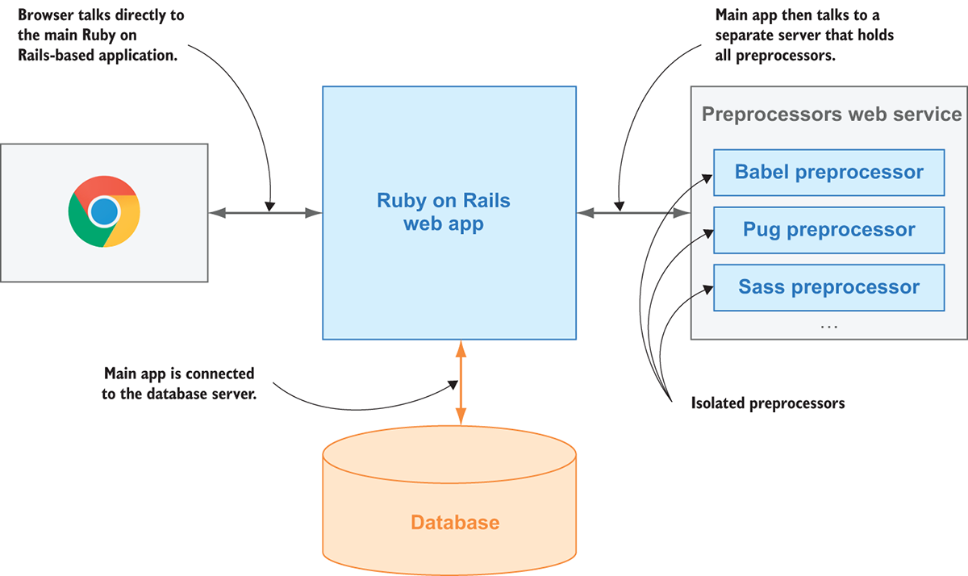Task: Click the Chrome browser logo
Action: [104, 211]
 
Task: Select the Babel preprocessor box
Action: [828, 172]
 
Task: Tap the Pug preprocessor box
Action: [828, 230]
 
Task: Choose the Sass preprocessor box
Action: [828, 287]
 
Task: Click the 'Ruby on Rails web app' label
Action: [444, 212]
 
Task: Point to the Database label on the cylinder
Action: [455, 522]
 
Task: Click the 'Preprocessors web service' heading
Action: [831, 114]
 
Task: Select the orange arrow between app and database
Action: [461, 382]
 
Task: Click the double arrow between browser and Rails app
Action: [265, 213]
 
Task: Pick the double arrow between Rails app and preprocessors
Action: [633, 213]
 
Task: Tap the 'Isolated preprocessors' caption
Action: [768, 403]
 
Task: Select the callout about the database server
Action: [179, 384]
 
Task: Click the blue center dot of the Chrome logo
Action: [104, 212]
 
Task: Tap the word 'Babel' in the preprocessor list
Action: [761, 172]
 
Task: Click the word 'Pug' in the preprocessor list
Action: [761, 230]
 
